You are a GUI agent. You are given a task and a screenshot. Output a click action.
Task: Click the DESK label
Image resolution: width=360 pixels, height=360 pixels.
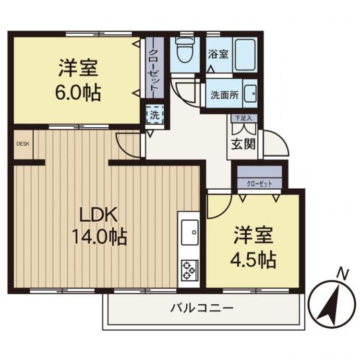pyautogui.click(x=23, y=143)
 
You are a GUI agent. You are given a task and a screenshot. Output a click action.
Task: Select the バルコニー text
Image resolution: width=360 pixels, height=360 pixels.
pyautogui.click(x=202, y=308)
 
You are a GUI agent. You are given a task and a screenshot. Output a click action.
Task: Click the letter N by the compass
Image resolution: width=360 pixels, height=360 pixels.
pyautogui.click(x=342, y=274)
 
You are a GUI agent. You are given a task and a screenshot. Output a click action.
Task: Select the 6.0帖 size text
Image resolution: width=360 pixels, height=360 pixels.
pyautogui.click(x=78, y=92)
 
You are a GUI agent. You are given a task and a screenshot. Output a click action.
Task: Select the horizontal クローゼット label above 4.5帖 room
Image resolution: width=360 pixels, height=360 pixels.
pyautogui.click(x=259, y=183)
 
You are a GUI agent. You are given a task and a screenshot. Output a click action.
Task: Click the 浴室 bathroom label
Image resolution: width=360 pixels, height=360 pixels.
pyautogui.click(x=218, y=54)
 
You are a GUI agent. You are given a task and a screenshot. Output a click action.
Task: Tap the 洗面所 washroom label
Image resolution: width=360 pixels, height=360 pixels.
pyautogui.click(x=224, y=94)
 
